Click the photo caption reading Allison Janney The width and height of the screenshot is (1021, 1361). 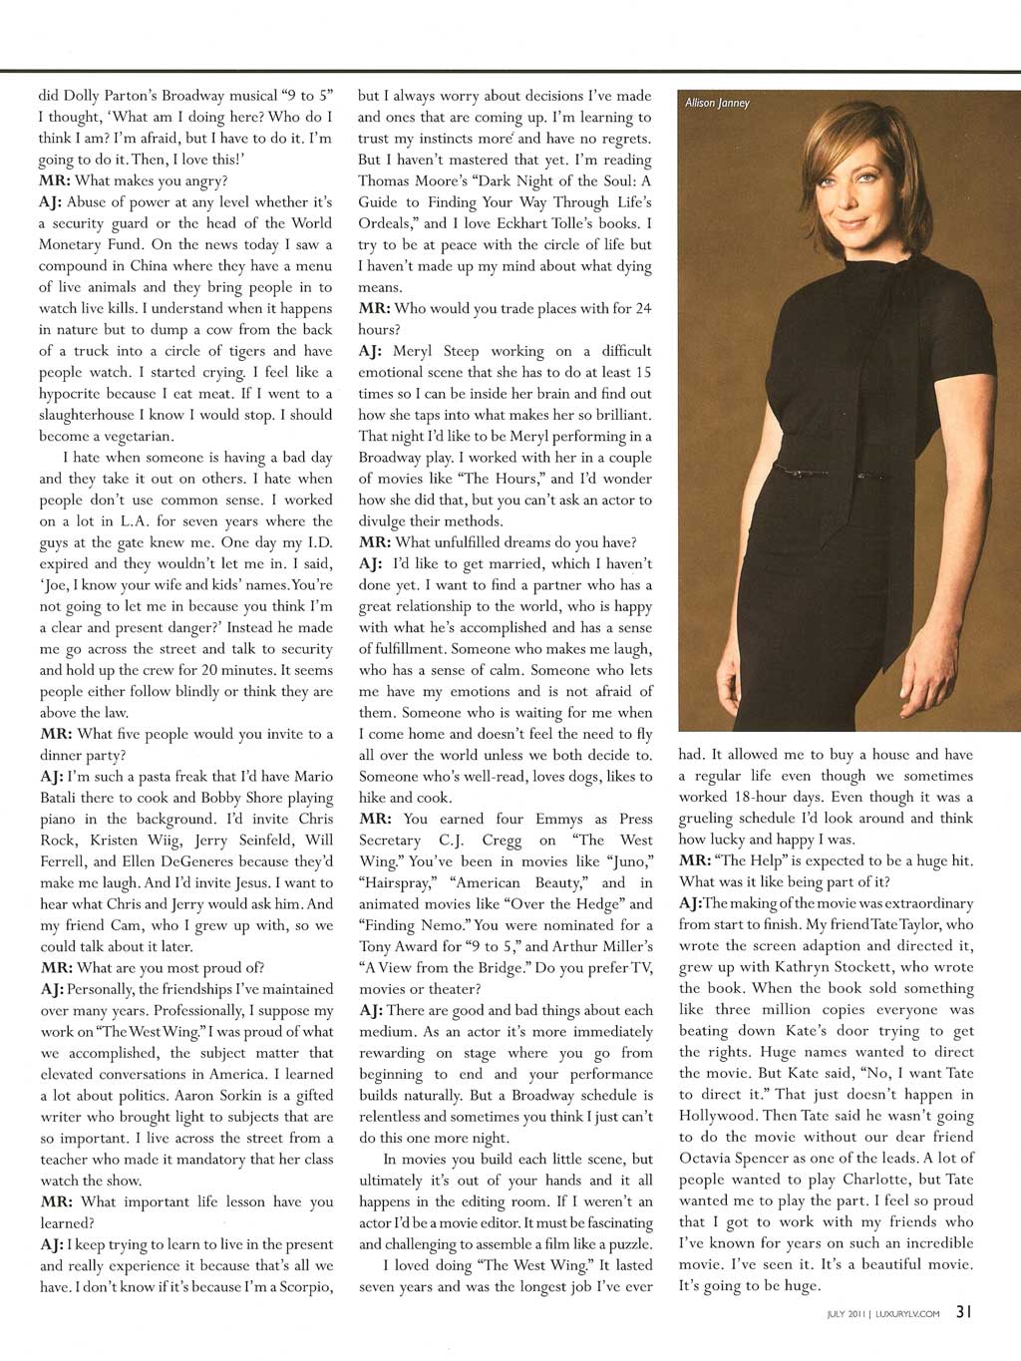(x=717, y=103)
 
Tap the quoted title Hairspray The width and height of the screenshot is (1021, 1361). (x=398, y=883)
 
